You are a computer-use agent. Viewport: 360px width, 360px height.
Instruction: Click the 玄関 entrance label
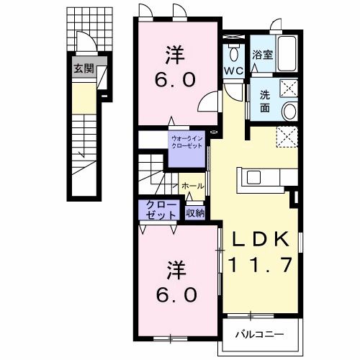pos(84,69)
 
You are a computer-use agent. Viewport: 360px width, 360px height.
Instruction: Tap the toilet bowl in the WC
pos(233,53)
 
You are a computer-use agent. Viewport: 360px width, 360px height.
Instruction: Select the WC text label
pos(233,71)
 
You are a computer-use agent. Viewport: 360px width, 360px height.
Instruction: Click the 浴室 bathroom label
pos(262,55)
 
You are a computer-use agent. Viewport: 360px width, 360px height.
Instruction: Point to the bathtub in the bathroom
pos(287,53)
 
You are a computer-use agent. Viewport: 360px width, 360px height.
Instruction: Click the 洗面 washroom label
pos(265,102)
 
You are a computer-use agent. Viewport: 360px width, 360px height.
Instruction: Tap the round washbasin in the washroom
pos(289,111)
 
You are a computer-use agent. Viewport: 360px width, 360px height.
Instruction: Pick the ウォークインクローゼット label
pos(187,142)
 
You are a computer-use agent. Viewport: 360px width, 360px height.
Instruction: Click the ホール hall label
pos(193,186)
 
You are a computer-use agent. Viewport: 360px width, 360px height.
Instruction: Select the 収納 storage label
pos(196,213)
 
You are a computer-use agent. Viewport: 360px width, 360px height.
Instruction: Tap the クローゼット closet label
pos(160,210)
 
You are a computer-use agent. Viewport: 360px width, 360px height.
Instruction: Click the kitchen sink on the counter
pos(254,178)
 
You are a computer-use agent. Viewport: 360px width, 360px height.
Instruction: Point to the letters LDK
pos(261,239)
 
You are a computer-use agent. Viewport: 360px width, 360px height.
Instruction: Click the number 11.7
pos(261,264)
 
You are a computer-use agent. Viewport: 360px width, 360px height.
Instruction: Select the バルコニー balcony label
pos(259,334)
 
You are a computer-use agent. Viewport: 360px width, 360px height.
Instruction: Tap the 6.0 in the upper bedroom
pos(175,80)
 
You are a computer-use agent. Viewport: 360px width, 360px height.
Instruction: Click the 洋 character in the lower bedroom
pos(176,271)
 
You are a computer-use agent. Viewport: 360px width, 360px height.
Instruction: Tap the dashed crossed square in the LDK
pos(287,137)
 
